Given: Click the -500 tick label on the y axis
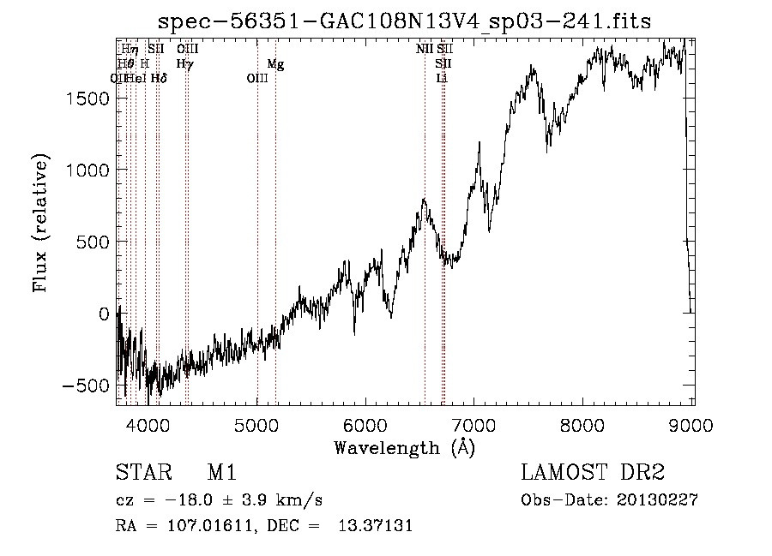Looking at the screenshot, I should pos(85,386).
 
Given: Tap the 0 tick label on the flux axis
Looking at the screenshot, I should pos(104,314).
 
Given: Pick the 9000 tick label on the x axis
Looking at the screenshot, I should pos(693,424).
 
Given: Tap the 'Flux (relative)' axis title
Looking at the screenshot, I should pos(40,223).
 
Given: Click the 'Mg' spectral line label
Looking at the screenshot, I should pos(275,64).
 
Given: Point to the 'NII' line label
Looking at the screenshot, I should pos(425,50).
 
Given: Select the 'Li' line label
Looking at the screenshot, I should pos(442,78).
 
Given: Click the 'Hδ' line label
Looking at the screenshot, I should pos(158,78).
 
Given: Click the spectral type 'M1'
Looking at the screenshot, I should pos(221,474).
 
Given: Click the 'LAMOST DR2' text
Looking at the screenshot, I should pos(592,474).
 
